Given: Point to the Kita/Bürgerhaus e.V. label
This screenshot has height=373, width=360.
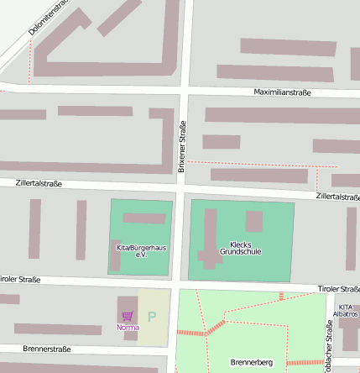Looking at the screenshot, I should (140, 250).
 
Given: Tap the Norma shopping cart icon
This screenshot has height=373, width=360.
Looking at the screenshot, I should (128, 317).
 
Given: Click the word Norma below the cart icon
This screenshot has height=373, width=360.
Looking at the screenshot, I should (128, 327).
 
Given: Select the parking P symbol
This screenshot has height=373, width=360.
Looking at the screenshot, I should (152, 317).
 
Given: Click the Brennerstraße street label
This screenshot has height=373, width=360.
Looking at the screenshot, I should (47, 348).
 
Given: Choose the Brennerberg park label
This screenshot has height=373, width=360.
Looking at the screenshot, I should (250, 363).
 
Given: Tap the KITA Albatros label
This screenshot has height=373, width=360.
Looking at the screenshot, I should (346, 310).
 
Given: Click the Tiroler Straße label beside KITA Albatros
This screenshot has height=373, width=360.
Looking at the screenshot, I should (338, 289).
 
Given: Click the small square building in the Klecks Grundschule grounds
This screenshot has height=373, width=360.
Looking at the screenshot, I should (254, 221).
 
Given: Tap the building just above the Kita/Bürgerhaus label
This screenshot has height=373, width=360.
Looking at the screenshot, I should (143, 218).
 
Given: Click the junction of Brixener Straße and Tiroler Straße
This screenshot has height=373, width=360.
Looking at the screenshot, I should (177, 283).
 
